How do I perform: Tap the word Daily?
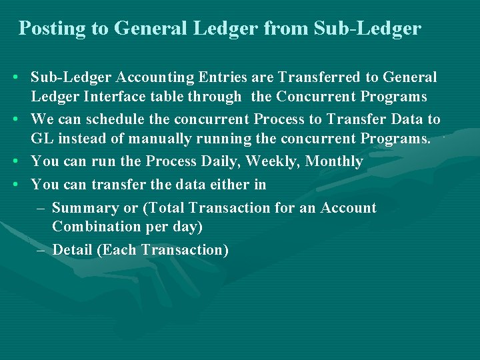coord(221,161)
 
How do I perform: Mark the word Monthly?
coord(334,161)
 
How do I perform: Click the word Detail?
coord(72,250)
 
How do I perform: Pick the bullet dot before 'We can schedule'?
coord(14,120)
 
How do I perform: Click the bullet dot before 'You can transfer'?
coord(14,185)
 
